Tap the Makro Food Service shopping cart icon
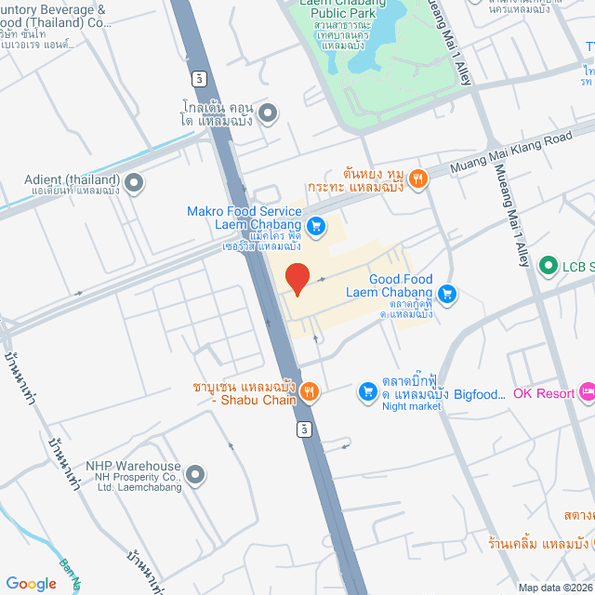316,225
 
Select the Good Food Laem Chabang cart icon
447,294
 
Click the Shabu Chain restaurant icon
310,393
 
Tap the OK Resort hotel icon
587,393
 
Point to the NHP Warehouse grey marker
194,476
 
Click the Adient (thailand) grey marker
135,182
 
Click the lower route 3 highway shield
304,430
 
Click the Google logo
30,583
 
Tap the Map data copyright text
555,588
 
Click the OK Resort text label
544,393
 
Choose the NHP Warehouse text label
133,466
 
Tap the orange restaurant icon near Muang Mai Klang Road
418,178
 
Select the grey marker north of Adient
268,114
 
